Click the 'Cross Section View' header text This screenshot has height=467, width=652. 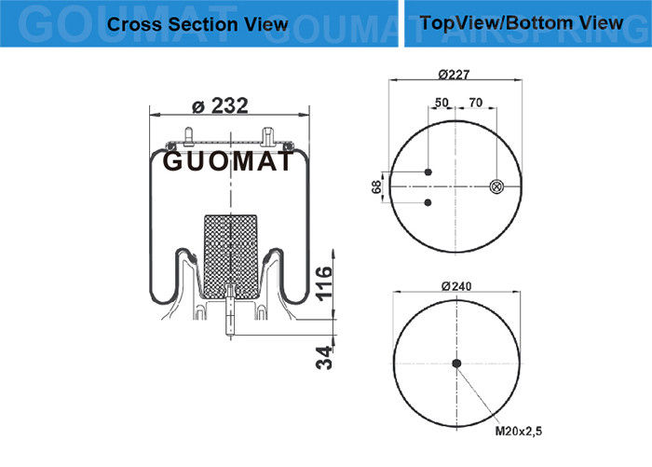[x=197, y=24]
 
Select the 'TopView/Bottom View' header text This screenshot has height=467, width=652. [x=522, y=23]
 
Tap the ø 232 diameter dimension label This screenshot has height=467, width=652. [x=220, y=105]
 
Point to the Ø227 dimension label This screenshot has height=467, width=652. [x=455, y=75]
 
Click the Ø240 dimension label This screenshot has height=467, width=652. [x=456, y=286]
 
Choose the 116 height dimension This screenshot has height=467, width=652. [x=324, y=283]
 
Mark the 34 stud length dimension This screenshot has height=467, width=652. [x=324, y=358]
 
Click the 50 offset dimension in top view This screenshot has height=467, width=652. [x=441, y=103]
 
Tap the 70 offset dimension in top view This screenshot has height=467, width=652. [x=475, y=103]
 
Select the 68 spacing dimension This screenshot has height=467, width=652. [x=376, y=186]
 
